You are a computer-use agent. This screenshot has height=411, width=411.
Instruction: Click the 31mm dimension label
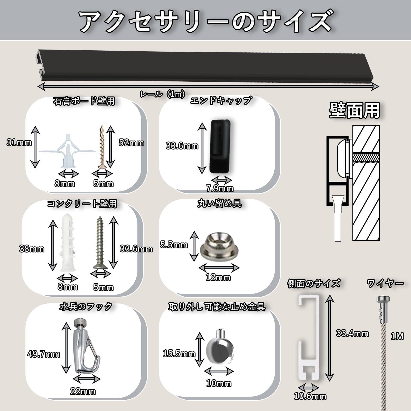tap(19, 142)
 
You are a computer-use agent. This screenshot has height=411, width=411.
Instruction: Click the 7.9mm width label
tap(220, 189)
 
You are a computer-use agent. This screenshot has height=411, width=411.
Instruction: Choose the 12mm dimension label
tap(218, 277)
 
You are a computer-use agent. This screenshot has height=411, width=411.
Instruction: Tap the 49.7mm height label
tap(43, 354)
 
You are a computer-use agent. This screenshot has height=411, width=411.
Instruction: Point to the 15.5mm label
tap(179, 354)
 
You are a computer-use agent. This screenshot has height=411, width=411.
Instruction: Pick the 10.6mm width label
tap(310, 403)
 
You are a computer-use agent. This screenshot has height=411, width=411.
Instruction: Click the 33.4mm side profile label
tap(352, 333)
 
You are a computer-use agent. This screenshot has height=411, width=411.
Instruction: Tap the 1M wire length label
tap(397, 336)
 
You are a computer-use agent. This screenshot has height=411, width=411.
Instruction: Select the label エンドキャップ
tap(221, 100)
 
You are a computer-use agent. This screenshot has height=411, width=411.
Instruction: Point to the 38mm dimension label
tap(32, 249)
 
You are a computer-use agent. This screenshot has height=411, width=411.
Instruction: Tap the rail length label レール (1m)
tap(162, 94)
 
